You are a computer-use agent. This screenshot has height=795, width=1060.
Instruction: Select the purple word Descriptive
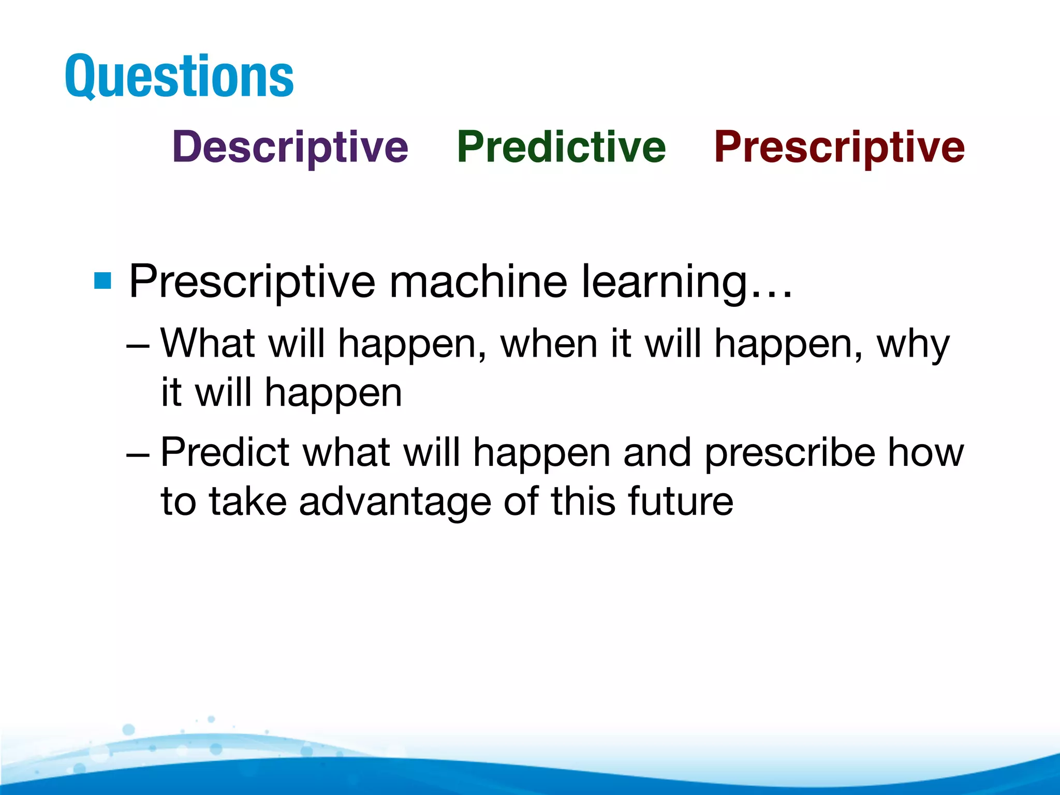[290, 147]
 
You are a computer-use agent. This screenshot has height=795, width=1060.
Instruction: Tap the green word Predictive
[561, 147]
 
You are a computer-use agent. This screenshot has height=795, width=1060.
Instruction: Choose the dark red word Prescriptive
[839, 147]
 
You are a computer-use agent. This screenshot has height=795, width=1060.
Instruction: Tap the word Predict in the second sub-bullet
[225, 452]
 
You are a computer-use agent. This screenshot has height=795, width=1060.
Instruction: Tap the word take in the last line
[248, 501]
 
